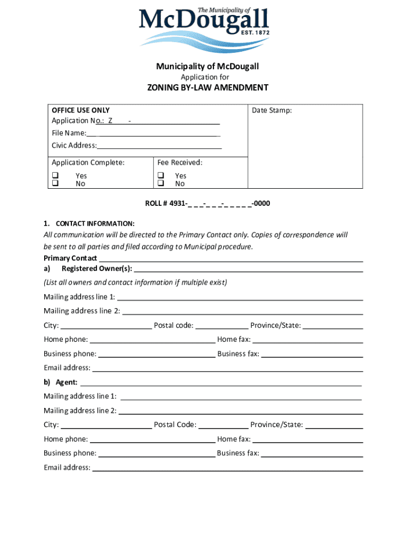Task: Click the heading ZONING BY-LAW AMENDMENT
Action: tap(208, 87)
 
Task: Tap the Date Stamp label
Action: tap(272, 110)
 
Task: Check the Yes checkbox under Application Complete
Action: tap(55, 175)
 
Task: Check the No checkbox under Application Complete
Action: tap(55, 183)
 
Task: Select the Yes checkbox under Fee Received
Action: tap(160, 175)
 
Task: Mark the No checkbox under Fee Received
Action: tap(160, 183)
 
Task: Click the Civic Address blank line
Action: tap(159, 146)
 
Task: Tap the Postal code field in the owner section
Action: tap(222, 326)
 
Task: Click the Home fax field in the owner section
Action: tap(307, 340)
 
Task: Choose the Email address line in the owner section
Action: tap(227, 368)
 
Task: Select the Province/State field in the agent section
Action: tap(334, 425)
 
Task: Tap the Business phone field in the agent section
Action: tap(157, 454)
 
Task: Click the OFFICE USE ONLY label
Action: tap(80, 110)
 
